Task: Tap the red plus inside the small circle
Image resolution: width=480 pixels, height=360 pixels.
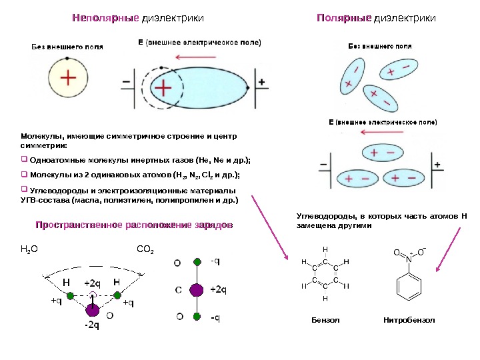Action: (x=68, y=77)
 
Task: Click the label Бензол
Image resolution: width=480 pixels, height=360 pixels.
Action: (x=326, y=321)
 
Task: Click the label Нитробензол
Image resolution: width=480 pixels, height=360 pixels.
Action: (x=409, y=321)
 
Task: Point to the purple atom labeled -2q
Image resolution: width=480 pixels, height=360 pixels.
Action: (x=93, y=311)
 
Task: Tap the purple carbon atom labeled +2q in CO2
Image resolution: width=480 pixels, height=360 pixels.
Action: (x=196, y=290)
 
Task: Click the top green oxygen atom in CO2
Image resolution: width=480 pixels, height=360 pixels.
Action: (x=197, y=262)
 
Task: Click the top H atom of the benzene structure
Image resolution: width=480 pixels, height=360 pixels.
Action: (x=325, y=249)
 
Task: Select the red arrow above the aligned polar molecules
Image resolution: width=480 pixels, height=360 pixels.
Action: (x=381, y=131)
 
